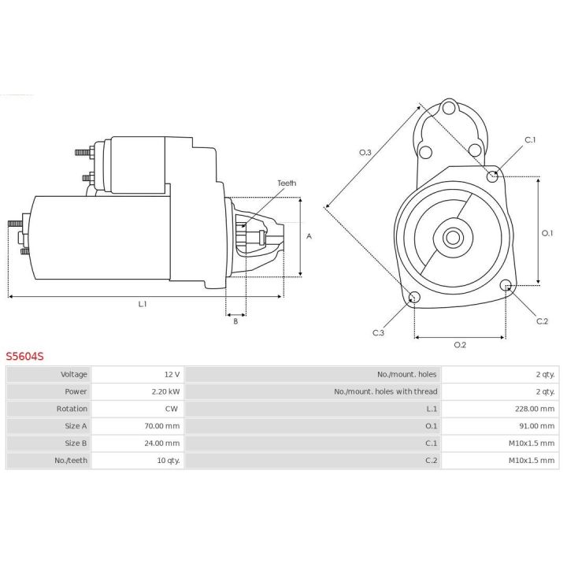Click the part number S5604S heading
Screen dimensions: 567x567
click(25, 357)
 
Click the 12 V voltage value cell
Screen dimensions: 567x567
click(171, 374)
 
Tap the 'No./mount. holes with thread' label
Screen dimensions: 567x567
click(385, 391)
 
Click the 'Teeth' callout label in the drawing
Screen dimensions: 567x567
click(287, 183)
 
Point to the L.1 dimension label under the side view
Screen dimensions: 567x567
click(143, 304)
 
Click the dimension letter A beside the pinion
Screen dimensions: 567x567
click(309, 235)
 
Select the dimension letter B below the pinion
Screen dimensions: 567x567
click(235, 321)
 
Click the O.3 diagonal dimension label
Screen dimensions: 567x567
click(365, 152)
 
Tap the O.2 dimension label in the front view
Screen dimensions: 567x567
click(461, 345)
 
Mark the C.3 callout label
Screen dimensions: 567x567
click(378, 332)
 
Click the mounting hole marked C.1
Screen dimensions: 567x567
click(493, 176)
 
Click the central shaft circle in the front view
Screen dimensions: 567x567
click(452, 235)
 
